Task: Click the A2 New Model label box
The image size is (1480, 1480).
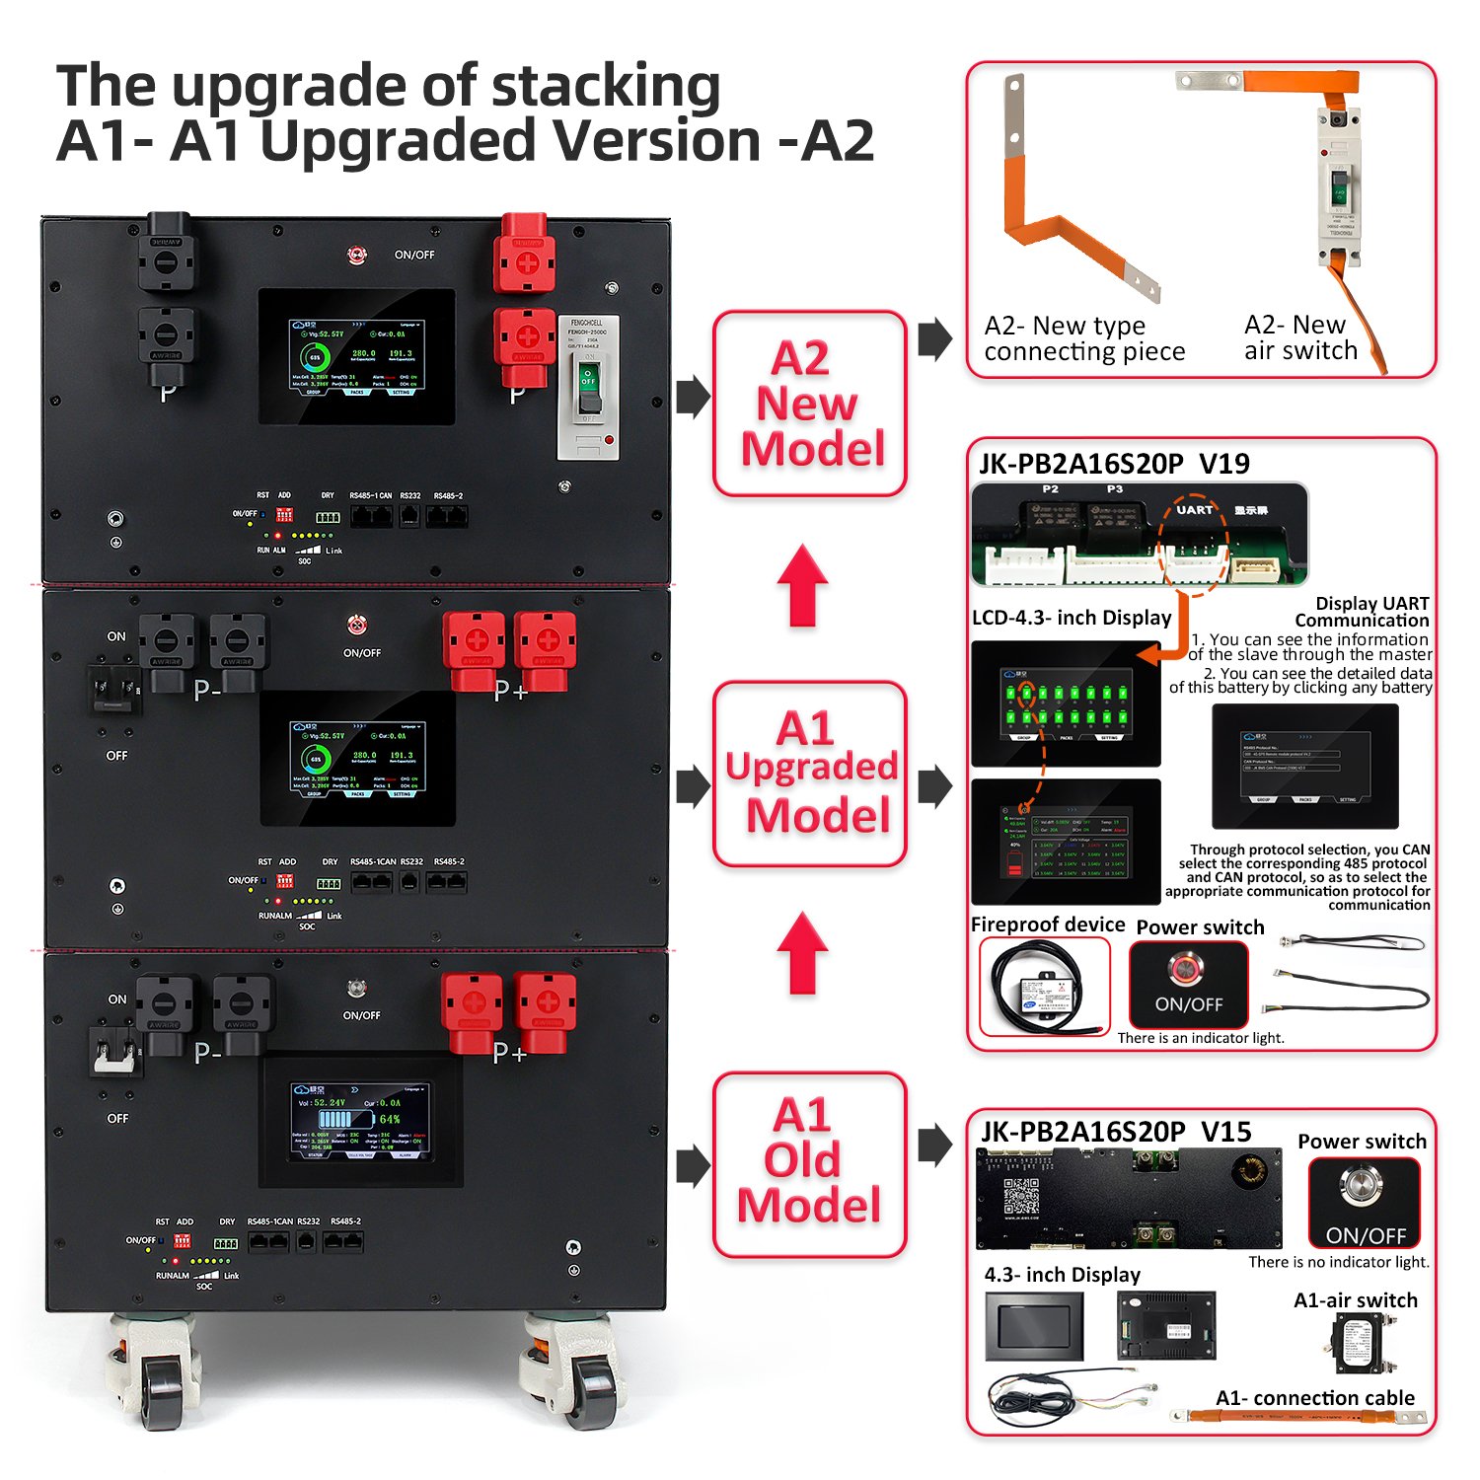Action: [x=809, y=404]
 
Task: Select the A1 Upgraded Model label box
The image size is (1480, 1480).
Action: [x=809, y=774]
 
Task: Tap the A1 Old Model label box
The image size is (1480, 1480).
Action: [x=809, y=1164]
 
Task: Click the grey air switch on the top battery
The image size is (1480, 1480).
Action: [x=588, y=388]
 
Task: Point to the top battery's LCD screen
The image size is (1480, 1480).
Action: [x=357, y=356]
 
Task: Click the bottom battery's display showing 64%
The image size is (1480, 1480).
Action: [x=360, y=1120]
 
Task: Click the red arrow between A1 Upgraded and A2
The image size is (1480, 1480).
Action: [x=803, y=586]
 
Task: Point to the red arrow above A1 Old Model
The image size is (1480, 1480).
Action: [x=803, y=953]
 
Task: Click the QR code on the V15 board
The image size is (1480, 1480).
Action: [x=1021, y=1196]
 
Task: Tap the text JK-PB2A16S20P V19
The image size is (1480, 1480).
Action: [x=1114, y=464]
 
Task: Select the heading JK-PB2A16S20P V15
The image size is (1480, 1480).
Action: [x=1116, y=1132]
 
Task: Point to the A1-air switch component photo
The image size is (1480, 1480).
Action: [x=1361, y=1342]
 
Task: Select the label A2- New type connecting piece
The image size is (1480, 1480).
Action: [x=1084, y=338]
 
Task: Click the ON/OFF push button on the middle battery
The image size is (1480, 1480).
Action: [x=357, y=625]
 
